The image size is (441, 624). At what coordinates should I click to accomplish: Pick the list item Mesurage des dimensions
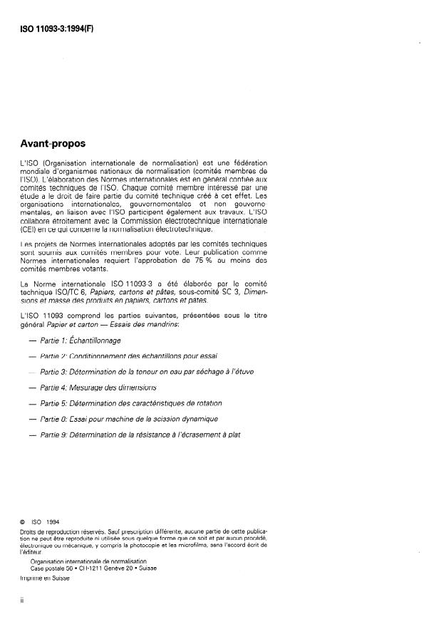tap(98, 387)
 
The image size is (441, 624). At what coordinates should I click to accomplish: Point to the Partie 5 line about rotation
tap(130, 402)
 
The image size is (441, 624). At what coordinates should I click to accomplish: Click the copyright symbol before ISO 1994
tap(24, 521)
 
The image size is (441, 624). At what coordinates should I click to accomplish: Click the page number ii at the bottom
tap(23, 600)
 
